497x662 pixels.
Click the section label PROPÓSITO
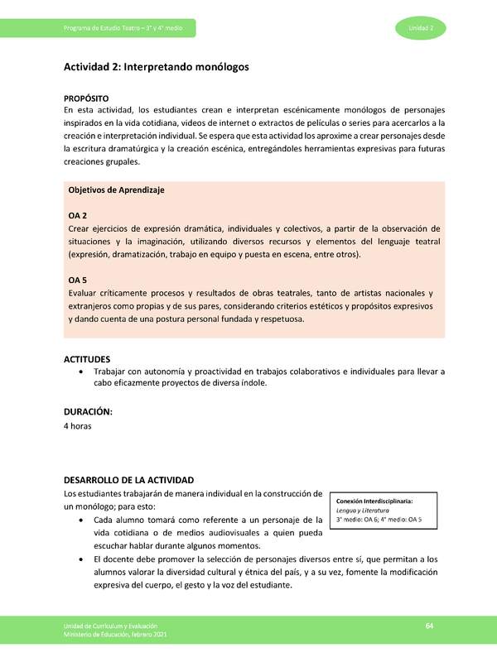pos(87,98)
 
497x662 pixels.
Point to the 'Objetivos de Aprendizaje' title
pos(116,189)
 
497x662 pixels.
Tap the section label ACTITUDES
pos(87,359)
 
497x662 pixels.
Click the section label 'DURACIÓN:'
pos(88,411)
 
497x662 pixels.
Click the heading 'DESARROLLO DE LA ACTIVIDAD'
pos(128,480)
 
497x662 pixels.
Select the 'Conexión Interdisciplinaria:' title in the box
pos(374,501)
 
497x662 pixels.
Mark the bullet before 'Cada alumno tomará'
pos(79,520)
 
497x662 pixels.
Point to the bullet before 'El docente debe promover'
pos(79,559)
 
